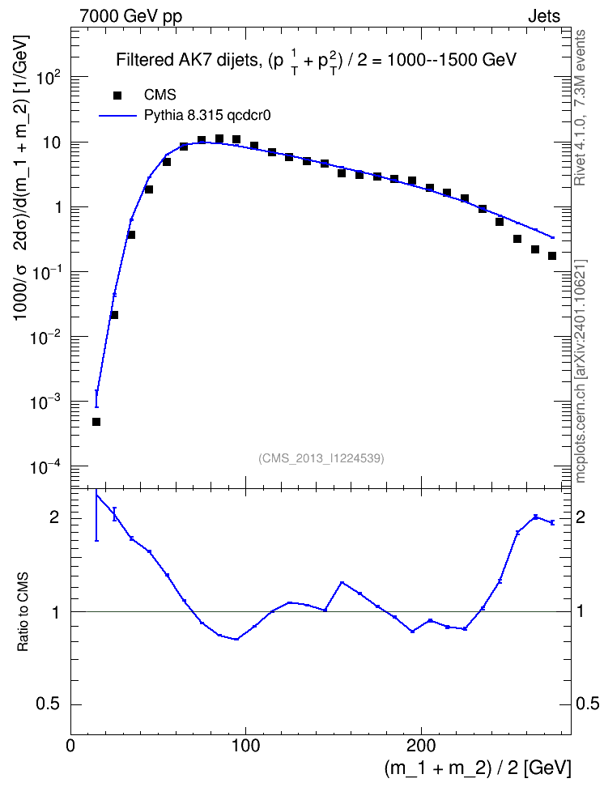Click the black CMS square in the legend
(117, 95)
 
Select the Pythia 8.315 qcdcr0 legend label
(207, 116)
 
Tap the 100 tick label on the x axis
(245, 746)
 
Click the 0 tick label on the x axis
(70, 746)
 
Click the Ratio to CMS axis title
(23, 611)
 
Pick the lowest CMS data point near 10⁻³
(96, 422)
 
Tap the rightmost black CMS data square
(552, 256)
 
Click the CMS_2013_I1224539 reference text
(321, 458)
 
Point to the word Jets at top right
(544, 16)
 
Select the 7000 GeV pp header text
(130, 16)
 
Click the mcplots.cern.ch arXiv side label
(581, 372)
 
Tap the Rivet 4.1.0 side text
(581, 108)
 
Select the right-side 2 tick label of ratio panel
(580, 517)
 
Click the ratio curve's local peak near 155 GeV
(342, 583)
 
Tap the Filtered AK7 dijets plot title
(317, 62)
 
